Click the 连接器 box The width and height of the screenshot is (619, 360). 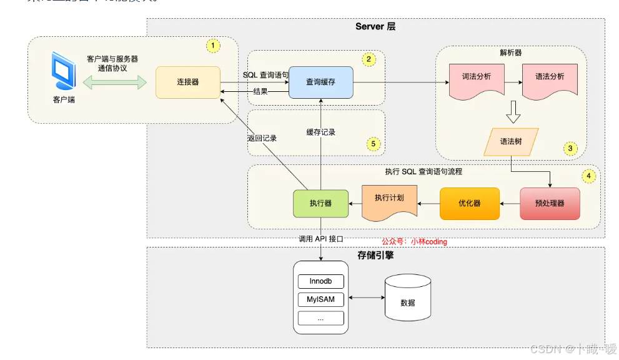click(x=187, y=82)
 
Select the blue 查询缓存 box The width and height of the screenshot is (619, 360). click(x=321, y=82)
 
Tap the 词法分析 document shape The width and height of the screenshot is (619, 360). click(x=475, y=79)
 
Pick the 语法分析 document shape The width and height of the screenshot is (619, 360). click(x=549, y=79)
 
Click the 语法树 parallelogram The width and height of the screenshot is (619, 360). click(x=512, y=141)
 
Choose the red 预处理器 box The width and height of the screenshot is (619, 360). click(x=550, y=203)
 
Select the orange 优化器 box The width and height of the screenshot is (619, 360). click(x=469, y=203)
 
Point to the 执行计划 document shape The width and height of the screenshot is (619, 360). click(x=389, y=200)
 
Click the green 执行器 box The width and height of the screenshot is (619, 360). click(x=320, y=203)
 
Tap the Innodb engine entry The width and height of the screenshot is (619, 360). click(x=321, y=281)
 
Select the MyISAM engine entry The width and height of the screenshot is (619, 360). click(x=321, y=299)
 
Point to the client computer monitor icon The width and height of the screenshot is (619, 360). click(x=64, y=71)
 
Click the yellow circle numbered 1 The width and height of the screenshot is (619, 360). click(x=213, y=46)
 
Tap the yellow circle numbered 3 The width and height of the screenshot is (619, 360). click(x=570, y=148)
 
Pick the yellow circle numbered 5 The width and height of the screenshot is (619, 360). click(x=374, y=144)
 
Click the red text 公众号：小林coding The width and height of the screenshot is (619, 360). click(x=414, y=241)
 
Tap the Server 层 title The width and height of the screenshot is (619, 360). click(x=375, y=27)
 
